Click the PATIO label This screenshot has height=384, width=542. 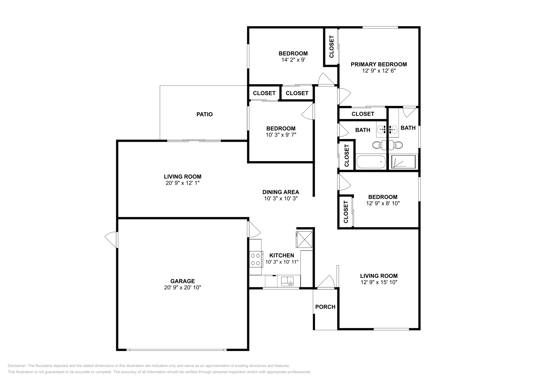tap(205, 114)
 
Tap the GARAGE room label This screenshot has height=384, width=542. tap(182, 281)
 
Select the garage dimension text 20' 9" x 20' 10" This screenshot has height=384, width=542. tap(182, 287)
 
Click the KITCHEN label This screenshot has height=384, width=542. tap(282, 255)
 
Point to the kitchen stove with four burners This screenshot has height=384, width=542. tap(256, 259)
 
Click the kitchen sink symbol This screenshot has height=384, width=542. tap(288, 281)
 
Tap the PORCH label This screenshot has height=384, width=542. tap(325, 307)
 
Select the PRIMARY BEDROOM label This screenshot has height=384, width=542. tap(379, 64)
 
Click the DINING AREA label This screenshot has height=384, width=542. tap(280, 192)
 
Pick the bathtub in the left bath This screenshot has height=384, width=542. tap(371, 162)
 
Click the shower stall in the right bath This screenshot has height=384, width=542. tap(403, 162)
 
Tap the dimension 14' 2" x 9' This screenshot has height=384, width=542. tap(293, 60)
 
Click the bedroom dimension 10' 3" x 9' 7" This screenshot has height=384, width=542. tap(280, 135)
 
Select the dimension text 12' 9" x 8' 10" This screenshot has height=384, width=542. tap(383, 203)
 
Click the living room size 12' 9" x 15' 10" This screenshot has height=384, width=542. tap(379, 282)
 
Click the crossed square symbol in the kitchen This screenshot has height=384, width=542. tap(304, 239)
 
